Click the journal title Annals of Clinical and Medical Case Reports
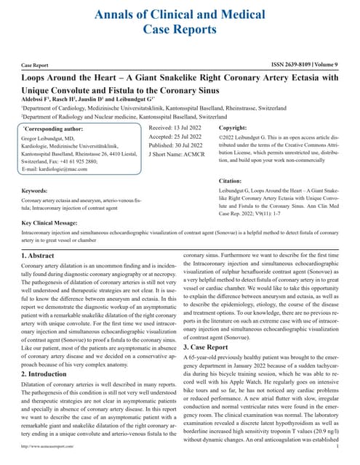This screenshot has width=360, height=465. point(180,20)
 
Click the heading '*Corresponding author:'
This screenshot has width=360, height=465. point(53,128)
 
